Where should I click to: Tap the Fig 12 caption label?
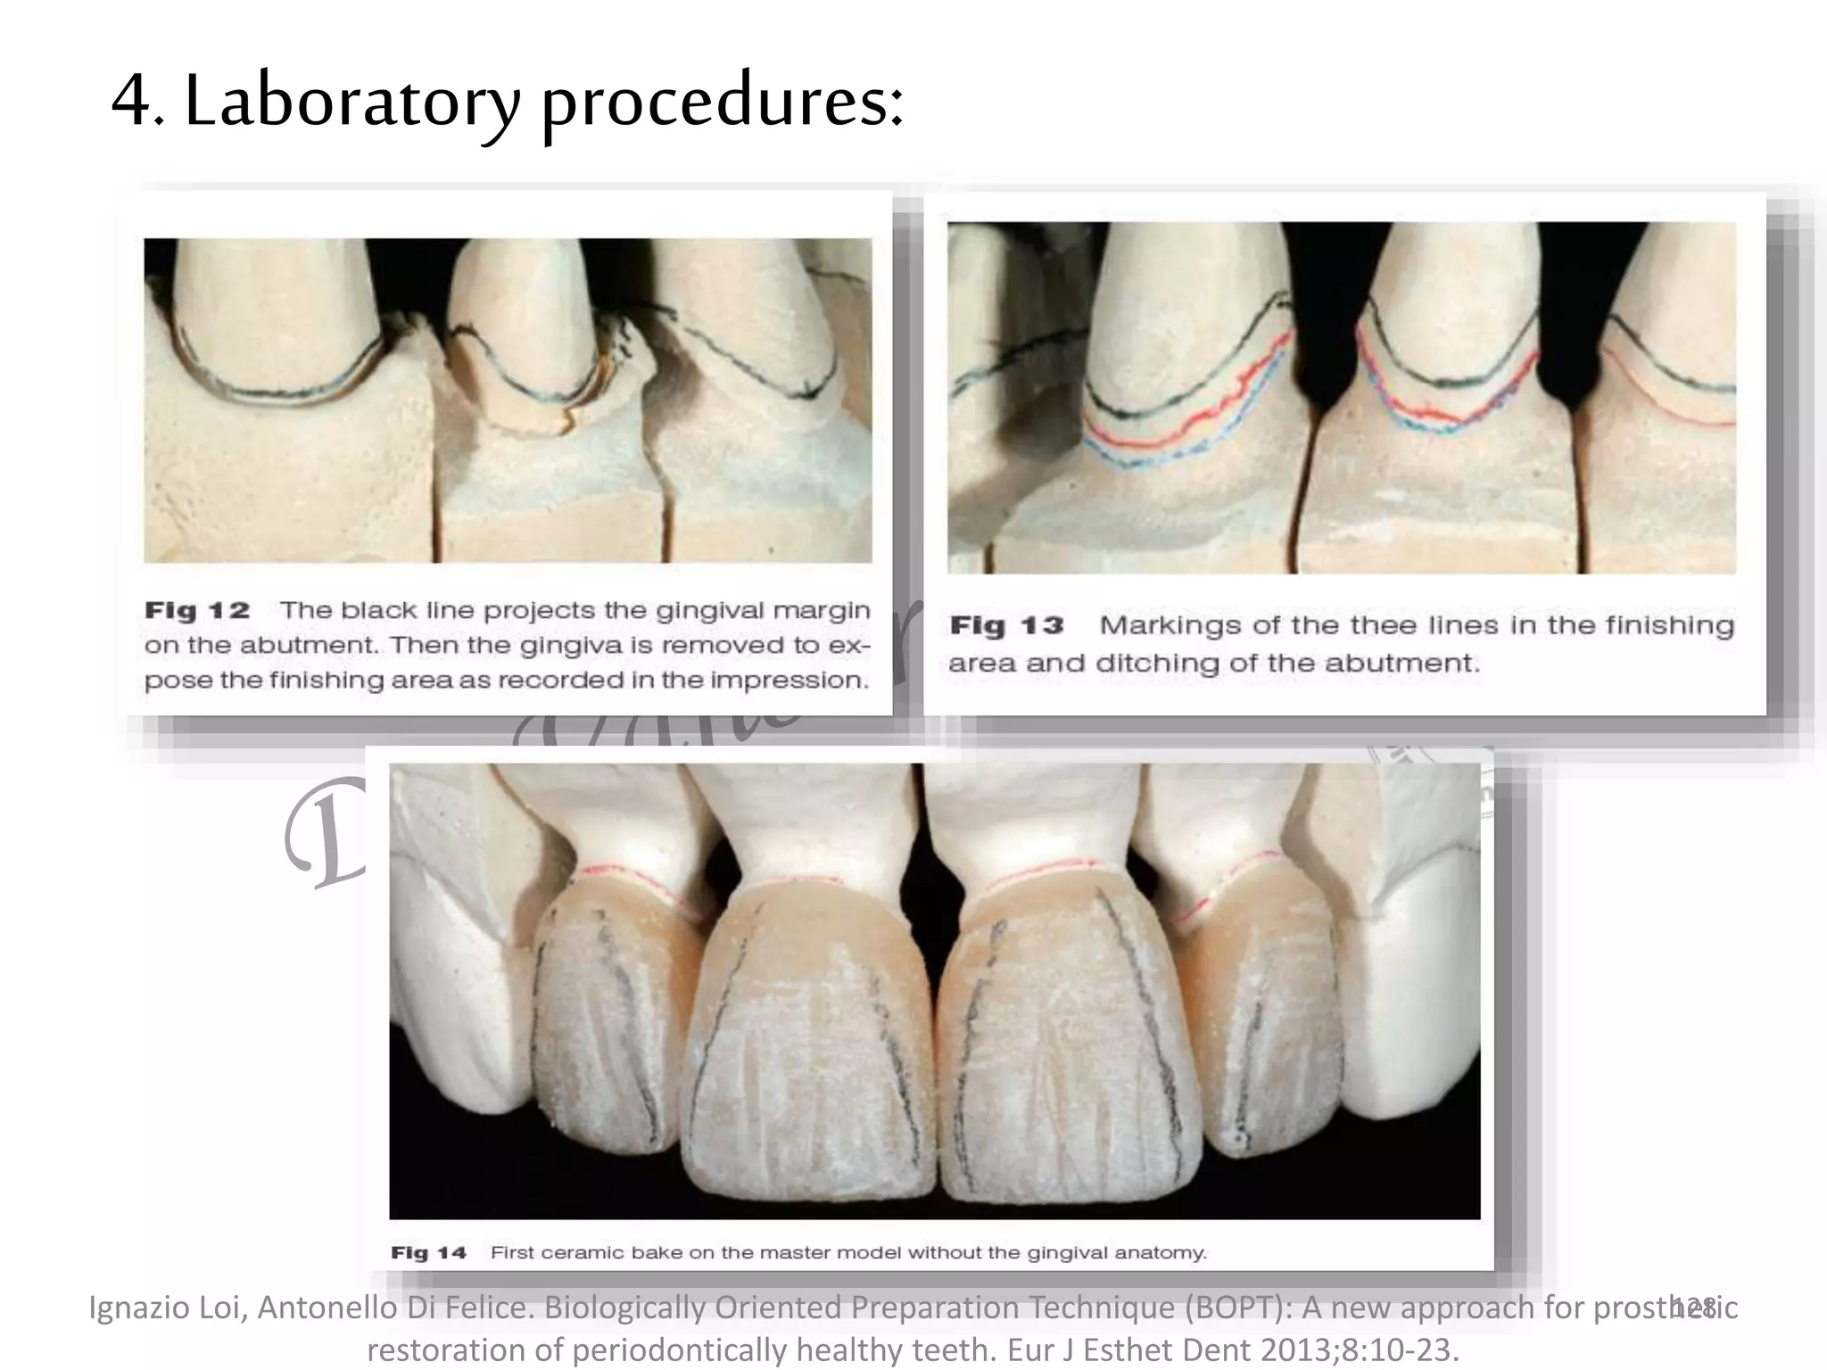(x=197, y=611)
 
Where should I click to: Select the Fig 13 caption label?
(x=1006, y=625)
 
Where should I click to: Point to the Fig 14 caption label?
(x=428, y=1253)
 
